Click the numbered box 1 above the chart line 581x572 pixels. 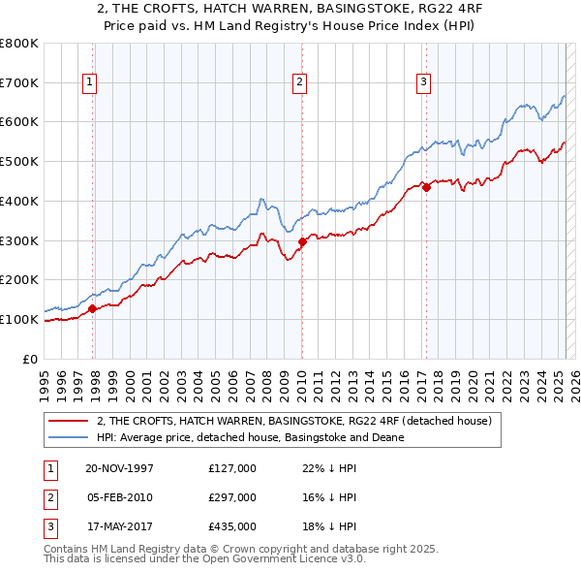(x=89, y=83)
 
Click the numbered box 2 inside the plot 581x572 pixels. (x=300, y=83)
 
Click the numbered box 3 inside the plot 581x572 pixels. (x=424, y=83)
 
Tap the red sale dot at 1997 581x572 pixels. (x=93, y=309)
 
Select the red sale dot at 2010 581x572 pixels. (x=302, y=242)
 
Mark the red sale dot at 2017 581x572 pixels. (x=426, y=188)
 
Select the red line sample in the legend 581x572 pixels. (x=70, y=421)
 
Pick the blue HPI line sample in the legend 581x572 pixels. (x=70, y=437)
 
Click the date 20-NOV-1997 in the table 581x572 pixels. (x=119, y=468)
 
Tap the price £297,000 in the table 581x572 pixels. (x=232, y=497)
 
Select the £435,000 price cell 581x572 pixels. (x=232, y=526)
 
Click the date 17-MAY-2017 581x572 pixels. (x=119, y=526)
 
